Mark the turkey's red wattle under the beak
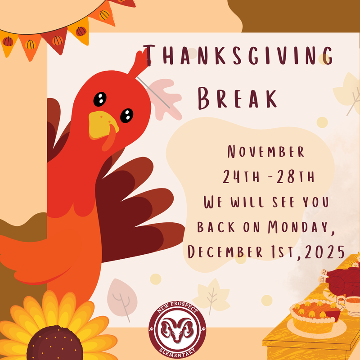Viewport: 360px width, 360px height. click(108, 142)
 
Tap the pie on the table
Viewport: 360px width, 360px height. click(310, 315)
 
